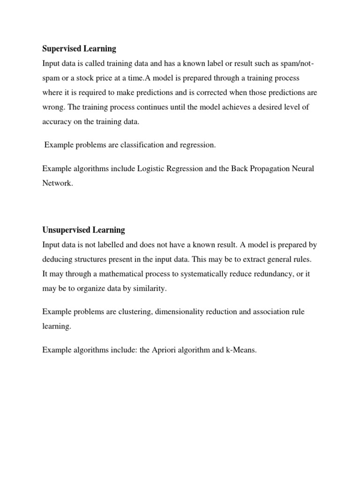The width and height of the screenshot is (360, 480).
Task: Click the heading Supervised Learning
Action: click(x=79, y=49)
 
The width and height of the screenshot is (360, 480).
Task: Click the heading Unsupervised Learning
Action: click(x=83, y=230)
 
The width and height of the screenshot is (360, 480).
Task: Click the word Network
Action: click(x=58, y=183)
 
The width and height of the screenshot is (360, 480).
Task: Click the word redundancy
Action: click(x=261, y=274)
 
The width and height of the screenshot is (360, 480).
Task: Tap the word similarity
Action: click(x=149, y=288)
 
